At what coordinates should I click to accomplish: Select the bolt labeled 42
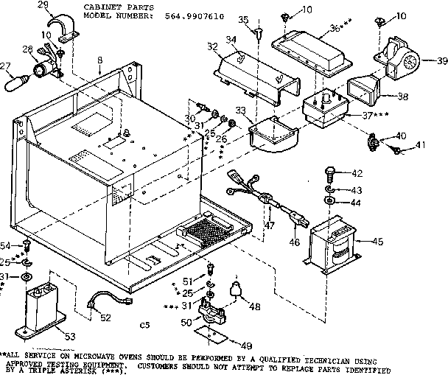(x=329, y=175)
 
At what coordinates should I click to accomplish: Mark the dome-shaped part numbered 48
(x=237, y=290)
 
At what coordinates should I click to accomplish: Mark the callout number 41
(x=421, y=145)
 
